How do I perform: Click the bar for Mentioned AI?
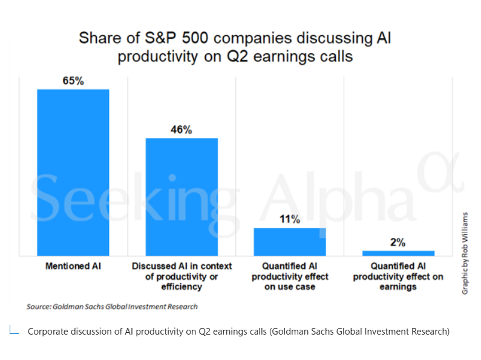click(x=73, y=172)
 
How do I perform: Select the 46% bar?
click(x=182, y=197)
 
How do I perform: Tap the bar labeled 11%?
click(x=290, y=242)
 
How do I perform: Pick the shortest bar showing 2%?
click(x=398, y=254)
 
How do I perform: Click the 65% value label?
click(x=73, y=80)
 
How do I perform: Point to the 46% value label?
click(x=182, y=129)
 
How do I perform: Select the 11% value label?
click(x=290, y=219)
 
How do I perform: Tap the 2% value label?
click(x=398, y=242)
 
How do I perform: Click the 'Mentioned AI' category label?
click(x=73, y=266)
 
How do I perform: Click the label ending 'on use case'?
click(x=290, y=277)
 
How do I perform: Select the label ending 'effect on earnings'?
click(x=398, y=277)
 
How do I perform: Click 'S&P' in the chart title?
click(x=160, y=38)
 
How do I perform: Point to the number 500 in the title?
click(x=195, y=38)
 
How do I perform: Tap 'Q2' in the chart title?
click(x=237, y=56)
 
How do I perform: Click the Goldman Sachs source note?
click(x=112, y=306)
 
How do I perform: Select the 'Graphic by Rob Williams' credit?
click(x=465, y=254)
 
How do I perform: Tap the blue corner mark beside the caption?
click(x=14, y=330)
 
